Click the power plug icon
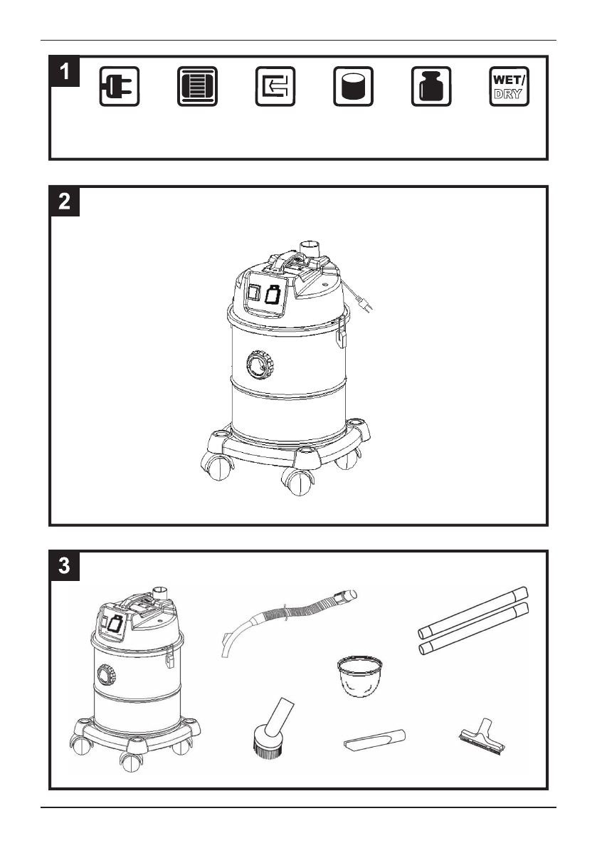[x=120, y=87]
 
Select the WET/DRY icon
[x=509, y=87]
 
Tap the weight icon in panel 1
[x=431, y=87]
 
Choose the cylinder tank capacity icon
[x=354, y=87]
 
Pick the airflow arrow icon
[x=275, y=87]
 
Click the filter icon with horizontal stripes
[x=197, y=87]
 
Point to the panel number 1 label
[x=65, y=71]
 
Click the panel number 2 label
[x=65, y=201]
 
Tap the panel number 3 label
[x=65, y=566]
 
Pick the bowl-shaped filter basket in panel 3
[x=360, y=676]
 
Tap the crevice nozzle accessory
[x=374, y=739]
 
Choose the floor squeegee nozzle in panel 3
[x=482, y=736]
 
